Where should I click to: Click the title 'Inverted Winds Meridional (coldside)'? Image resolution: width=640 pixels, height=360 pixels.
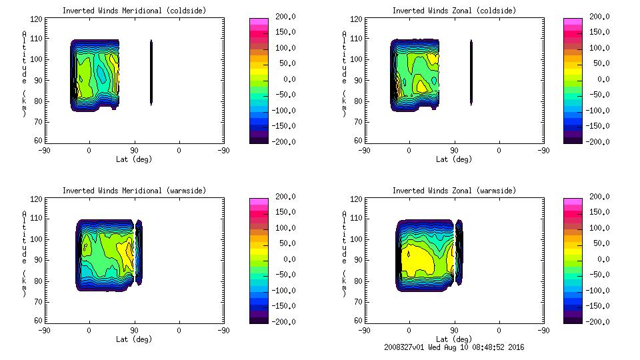[134, 11]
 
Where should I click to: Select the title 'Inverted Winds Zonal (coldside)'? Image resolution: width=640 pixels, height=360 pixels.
[454, 11]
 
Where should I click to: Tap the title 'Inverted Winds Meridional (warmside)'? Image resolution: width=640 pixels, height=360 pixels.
[134, 191]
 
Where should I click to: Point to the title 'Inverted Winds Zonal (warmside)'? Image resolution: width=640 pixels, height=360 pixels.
[454, 191]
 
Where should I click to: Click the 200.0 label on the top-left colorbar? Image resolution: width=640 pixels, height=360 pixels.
[278, 17]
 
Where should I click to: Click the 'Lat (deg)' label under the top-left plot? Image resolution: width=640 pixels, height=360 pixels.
[134, 159]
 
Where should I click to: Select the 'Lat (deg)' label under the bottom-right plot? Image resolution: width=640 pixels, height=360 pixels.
[454, 339]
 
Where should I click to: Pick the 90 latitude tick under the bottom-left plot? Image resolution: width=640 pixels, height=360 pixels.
[134, 330]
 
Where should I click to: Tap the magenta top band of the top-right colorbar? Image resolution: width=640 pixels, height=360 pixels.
[573, 22]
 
